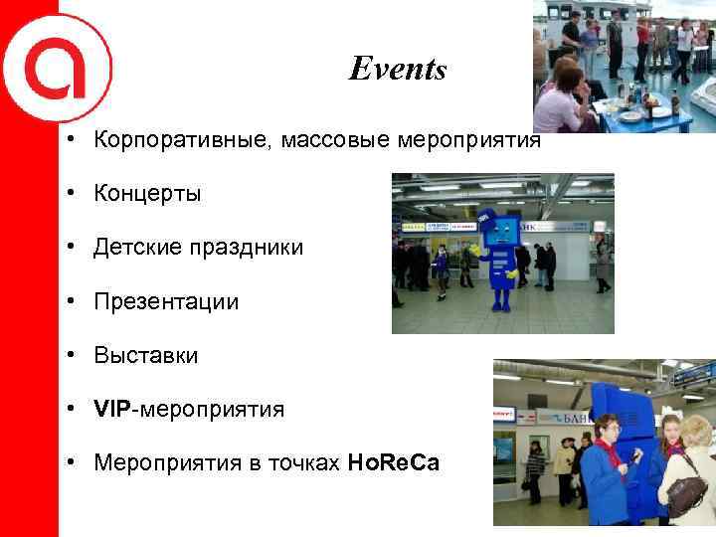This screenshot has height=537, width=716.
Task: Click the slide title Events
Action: (398, 70)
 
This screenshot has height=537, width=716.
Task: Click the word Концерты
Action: (147, 193)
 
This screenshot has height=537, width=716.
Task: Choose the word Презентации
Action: (166, 301)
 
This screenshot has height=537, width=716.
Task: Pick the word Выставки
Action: (146, 355)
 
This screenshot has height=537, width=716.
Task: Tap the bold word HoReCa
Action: (393, 463)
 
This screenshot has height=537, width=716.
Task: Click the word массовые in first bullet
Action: (336, 139)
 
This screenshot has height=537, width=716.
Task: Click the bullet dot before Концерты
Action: (74, 193)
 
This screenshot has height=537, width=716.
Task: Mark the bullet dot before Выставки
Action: (74, 355)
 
